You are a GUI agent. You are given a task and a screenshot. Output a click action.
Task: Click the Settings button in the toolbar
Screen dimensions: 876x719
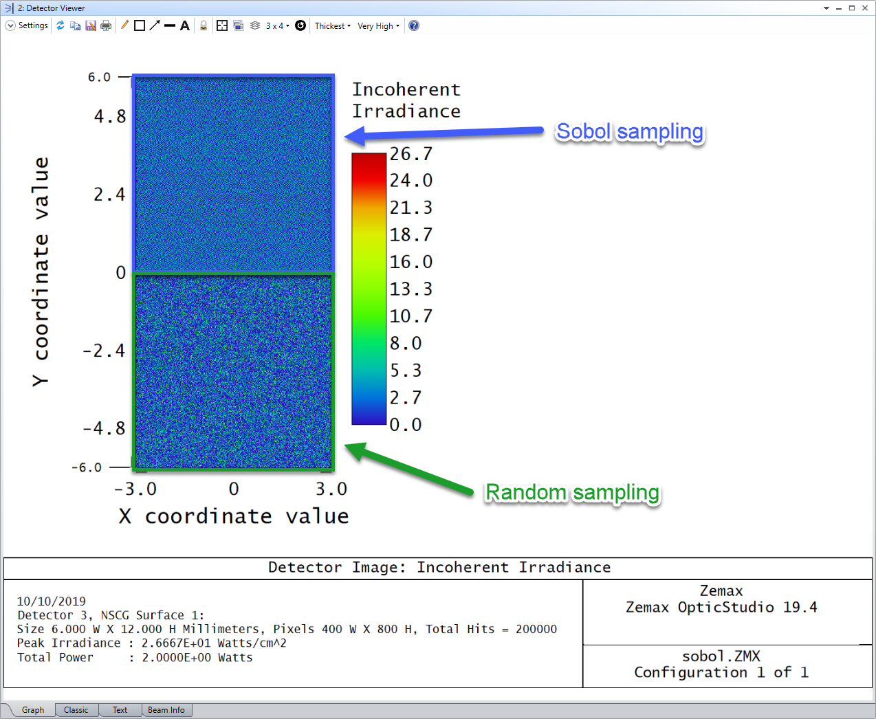[x=27, y=25]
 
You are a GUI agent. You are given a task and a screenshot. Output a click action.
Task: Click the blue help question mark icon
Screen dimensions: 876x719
[x=414, y=25]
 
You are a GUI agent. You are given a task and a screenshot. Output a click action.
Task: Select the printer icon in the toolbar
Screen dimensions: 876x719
[x=106, y=25]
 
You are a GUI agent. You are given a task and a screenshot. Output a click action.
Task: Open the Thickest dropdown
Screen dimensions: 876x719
[x=333, y=25]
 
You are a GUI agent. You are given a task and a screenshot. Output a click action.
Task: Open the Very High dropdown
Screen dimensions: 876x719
[x=378, y=25]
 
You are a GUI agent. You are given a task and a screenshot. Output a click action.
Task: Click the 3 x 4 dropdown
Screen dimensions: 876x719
[x=278, y=25]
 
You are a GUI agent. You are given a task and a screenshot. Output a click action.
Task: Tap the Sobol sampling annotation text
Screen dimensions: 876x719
[x=630, y=132]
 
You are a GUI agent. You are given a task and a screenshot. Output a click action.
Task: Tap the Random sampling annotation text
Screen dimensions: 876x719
[x=572, y=493]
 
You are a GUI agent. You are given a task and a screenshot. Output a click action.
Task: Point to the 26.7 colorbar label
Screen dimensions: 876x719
[x=410, y=154]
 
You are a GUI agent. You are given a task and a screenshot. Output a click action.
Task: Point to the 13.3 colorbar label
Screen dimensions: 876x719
[x=410, y=289]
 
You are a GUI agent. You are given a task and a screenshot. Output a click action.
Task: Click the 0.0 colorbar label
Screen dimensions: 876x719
[x=406, y=425]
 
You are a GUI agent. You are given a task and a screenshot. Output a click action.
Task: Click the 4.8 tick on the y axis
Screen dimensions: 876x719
[x=110, y=117]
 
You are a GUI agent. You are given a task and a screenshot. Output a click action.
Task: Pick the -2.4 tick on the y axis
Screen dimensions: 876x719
[x=105, y=351]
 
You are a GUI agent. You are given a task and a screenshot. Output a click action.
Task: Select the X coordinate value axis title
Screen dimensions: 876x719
[x=234, y=516]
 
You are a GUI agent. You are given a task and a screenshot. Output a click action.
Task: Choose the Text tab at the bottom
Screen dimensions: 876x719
[x=120, y=710]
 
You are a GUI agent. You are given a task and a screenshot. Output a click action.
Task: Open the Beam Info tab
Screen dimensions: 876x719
[x=166, y=710]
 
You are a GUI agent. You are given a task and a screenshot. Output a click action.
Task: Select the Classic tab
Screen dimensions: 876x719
[x=76, y=710]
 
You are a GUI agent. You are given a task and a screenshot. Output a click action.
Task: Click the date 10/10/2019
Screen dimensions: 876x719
[x=51, y=601]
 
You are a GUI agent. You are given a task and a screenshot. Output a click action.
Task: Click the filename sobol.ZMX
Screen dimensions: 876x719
[x=721, y=656]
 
